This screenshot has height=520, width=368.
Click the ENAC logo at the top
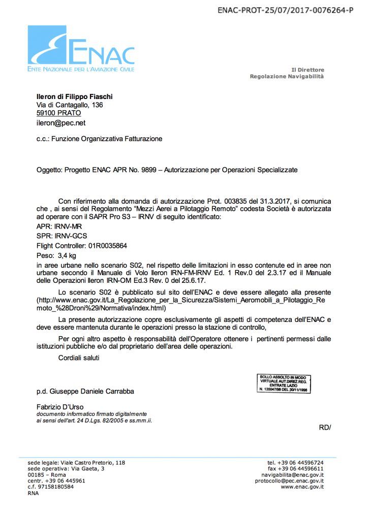click(81, 49)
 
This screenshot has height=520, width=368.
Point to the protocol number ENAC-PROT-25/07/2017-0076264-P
click(285, 10)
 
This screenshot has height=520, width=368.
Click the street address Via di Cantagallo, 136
click(70, 105)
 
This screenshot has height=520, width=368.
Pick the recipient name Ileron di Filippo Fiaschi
click(75, 96)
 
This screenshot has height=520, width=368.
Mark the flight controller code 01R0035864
click(108, 246)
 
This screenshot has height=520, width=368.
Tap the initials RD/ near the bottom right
click(325, 427)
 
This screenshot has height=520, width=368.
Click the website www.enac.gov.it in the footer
click(302, 487)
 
